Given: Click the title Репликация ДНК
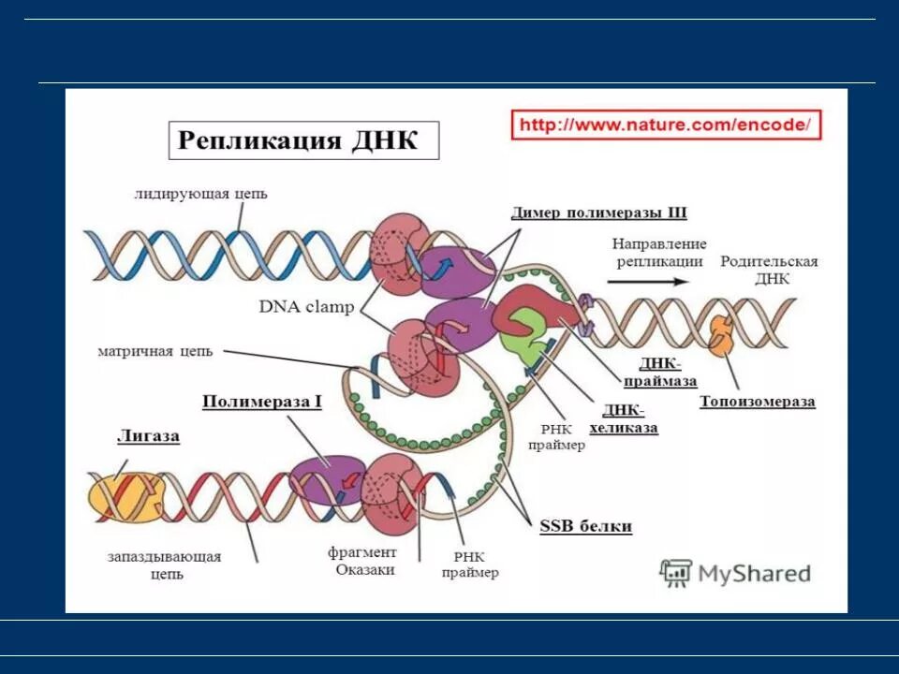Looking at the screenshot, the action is coord(297,140).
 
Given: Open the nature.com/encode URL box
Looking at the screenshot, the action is coord(666,125).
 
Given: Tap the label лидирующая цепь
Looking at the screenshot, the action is coord(200,194).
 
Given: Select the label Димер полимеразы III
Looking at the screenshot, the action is coord(599,212).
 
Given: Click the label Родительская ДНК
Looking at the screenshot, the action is coord(769,270).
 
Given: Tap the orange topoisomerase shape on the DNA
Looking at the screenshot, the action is coord(723,335).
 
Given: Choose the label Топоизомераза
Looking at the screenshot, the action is coord(757,402).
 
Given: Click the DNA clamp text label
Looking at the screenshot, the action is coord(306,307).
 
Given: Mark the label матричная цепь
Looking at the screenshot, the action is coord(155,352).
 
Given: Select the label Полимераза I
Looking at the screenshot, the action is coord(262,402).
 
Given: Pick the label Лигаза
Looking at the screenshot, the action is coord(148,436).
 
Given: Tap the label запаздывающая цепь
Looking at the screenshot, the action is coord(165,565).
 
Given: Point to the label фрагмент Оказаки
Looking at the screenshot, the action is coord(362,561).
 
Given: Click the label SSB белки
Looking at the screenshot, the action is coord(585,526).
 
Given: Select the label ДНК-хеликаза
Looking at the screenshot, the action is coord(623,419).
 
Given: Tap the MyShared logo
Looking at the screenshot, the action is coord(735,573).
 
